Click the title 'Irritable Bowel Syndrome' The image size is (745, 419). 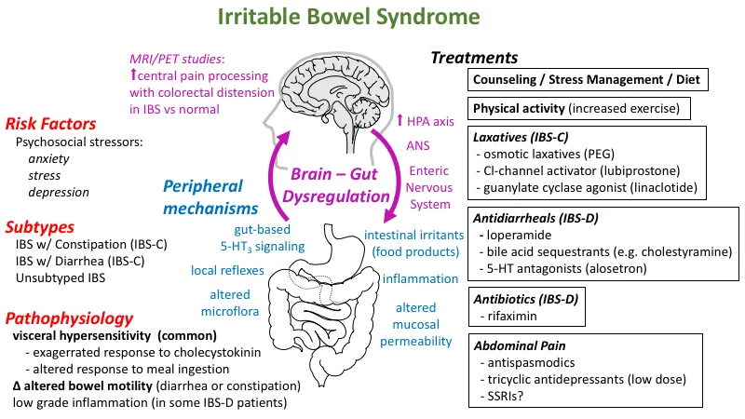click(x=348, y=17)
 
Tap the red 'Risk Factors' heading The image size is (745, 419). click(x=50, y=124)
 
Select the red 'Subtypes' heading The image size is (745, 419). click(x=40, y=227)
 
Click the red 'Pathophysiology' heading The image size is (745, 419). click(x=69, y=318)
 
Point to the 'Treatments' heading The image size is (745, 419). click(x=474, y=58)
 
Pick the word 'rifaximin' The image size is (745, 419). click(x=512, y=317)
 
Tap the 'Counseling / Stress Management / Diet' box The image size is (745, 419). click(x=588, y=79)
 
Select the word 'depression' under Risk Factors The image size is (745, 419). click(x=59, y=193)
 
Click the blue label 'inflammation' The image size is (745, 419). click(x=421, y=278)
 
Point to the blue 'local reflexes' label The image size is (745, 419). click(x=227, y=271)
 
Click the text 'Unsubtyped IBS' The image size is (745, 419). click(x=61, y=277)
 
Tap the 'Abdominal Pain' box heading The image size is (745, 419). click(x=520, y=345)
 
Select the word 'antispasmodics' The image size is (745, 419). click(x=531, y=363)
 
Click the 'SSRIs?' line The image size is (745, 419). click(x=505, y=397)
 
